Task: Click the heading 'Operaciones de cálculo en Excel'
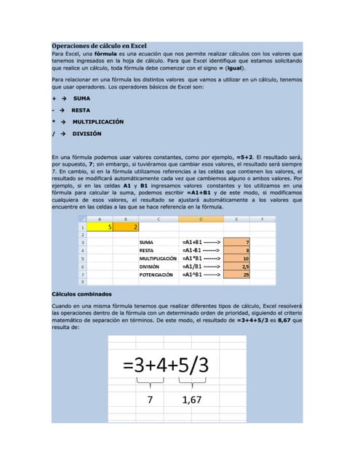click(100, 46)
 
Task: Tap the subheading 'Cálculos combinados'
click(81, 294)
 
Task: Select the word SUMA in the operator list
click(81, 97)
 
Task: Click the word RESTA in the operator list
click(81, 110)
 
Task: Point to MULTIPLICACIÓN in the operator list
click(97, 121)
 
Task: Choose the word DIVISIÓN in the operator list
click(87, 134)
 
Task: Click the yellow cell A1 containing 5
click(100, 227)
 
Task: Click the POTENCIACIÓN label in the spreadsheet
click(156, 275)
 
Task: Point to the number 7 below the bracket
click(151, 400)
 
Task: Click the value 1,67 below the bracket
click(192, 400)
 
